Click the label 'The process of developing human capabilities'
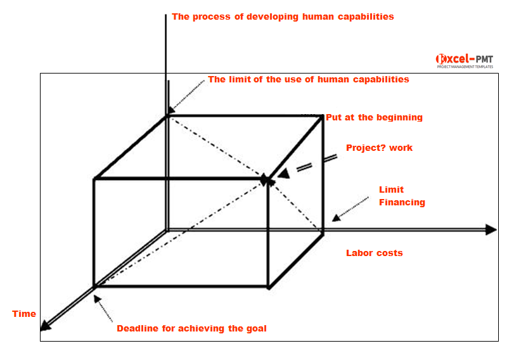[283, 17]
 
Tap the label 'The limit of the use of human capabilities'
[308, 80]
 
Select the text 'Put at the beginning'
[374, 117]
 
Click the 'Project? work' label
[379, 148]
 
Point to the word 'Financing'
[402, 203]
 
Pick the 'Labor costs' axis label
[374, 253]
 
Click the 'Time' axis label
[24, 314]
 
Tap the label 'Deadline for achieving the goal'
[191, 328]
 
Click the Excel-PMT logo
[464, 60]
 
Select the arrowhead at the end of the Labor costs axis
[491, 229]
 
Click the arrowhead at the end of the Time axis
[45, 326]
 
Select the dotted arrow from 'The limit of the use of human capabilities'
[186, 97]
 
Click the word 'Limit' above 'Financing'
[391, 190]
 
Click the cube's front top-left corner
[94, 179]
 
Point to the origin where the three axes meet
[167, 229]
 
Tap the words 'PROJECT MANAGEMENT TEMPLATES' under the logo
[465, 67]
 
